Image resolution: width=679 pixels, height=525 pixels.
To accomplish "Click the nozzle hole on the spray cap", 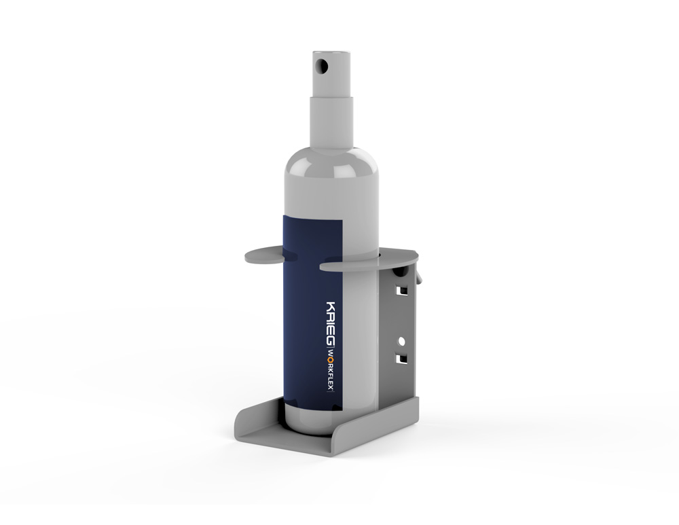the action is (321, 67).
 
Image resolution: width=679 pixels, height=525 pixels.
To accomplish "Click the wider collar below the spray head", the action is (331, 124).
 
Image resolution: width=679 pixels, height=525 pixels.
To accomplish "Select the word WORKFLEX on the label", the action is (330, 370).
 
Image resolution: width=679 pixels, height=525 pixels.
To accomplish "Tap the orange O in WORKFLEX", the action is (330, 359).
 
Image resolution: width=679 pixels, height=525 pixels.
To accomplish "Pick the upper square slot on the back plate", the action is (403, 289).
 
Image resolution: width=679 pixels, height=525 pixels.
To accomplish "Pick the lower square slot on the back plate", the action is (402, 358).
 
